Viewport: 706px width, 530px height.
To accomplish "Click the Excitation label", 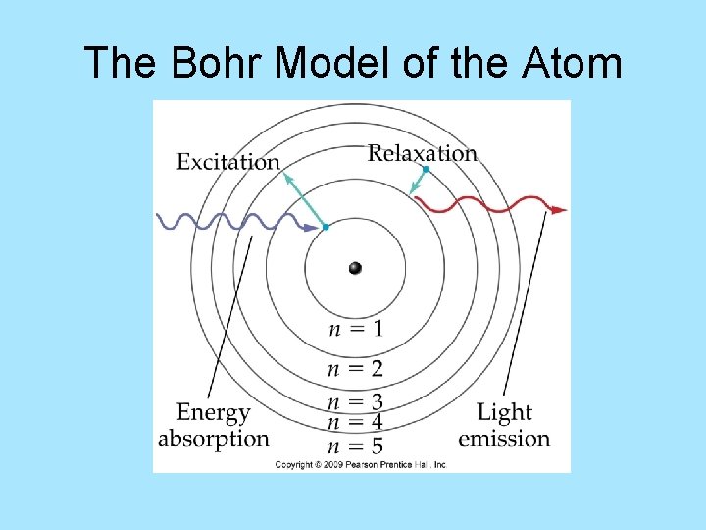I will tap(227, 162).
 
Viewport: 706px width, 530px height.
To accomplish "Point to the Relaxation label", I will tap(422, 153).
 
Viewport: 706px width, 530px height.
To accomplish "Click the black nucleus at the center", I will tap(355, 268).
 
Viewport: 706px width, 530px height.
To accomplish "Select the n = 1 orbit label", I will tap(355, 329).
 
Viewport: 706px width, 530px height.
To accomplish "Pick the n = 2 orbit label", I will tap(355, 369).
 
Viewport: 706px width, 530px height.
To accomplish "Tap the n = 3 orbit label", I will tap(355, 402).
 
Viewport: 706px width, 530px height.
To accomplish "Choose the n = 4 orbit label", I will tap(355, 423).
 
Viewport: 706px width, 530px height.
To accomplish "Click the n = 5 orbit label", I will tap(355, 447).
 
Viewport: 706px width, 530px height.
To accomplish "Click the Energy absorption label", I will tap(214, 425).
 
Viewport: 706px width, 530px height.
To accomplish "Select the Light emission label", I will tap(504, 425).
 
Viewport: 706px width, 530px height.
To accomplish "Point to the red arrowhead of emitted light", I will tap(559, 209).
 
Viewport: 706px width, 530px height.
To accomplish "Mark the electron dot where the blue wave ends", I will tap(326, 227).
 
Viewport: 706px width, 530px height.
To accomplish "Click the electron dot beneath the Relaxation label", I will tap(426, 170).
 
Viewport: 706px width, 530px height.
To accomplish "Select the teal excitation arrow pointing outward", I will tap(304, 199).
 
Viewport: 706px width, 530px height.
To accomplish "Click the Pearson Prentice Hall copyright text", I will tap(360, 464).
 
